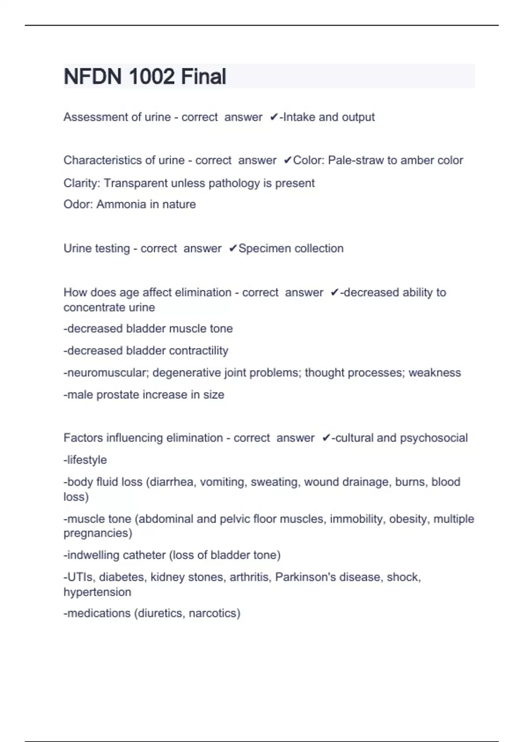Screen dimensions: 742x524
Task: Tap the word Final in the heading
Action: [203, 77]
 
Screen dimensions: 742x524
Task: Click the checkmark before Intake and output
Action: [274, 117]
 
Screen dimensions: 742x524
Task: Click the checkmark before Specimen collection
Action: [233, 248]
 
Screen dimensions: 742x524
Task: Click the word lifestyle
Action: [86, 460]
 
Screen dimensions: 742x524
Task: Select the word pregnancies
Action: [98, 533]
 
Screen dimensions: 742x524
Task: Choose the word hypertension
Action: [97, 592]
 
